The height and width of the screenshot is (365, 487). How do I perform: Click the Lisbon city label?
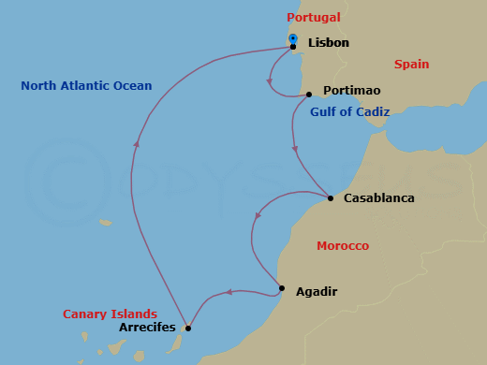pos(328,43)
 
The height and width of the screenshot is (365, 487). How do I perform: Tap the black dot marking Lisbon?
pos(293,46)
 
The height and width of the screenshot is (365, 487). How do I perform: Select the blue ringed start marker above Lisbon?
pos(293,38)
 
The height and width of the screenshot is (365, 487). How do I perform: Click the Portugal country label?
pos(314,18)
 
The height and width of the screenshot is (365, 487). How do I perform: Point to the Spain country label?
pos(411,65)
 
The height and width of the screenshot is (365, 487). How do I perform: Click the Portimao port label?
pos(351,92)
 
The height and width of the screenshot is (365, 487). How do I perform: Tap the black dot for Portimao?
pos(309,94)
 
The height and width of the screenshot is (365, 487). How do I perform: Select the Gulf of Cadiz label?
pos(349,112)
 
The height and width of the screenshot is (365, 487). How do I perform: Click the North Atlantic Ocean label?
pos(86,86)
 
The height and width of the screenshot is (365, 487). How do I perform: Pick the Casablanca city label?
pos(378,198)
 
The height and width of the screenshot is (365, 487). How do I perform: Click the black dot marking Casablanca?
pos(331,198)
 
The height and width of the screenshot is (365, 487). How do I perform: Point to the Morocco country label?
pos(343,246)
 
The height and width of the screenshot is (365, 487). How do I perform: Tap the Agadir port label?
pos(316,292)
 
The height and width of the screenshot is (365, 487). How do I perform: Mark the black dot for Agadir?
pos(282,287)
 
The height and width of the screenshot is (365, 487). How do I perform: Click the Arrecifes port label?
pos(148,328)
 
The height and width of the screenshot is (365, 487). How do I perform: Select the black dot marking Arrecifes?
pos(188,328)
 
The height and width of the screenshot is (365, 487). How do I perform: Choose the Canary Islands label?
pos(110,314)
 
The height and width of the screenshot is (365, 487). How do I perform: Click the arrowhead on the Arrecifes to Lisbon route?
pos(137,144)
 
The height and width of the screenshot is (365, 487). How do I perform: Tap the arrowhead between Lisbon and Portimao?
pos(270,82)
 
